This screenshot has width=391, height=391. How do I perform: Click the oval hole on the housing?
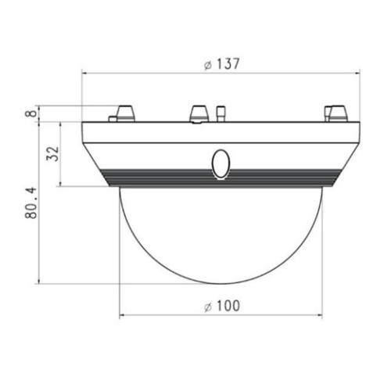point(220,163)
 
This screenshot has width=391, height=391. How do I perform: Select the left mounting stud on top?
point(124,113)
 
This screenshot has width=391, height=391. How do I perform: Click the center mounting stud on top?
point(196,114)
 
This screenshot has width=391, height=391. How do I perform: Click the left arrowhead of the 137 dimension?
point(85,75)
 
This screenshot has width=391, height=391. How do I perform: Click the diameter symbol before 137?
point(206,65)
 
